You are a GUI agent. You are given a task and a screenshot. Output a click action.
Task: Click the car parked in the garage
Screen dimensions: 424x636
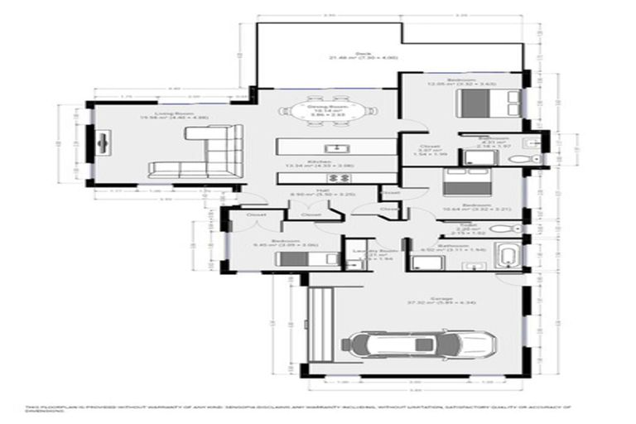(423, 341)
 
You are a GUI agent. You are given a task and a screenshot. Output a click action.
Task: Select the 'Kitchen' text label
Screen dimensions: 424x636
(320, 163)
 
